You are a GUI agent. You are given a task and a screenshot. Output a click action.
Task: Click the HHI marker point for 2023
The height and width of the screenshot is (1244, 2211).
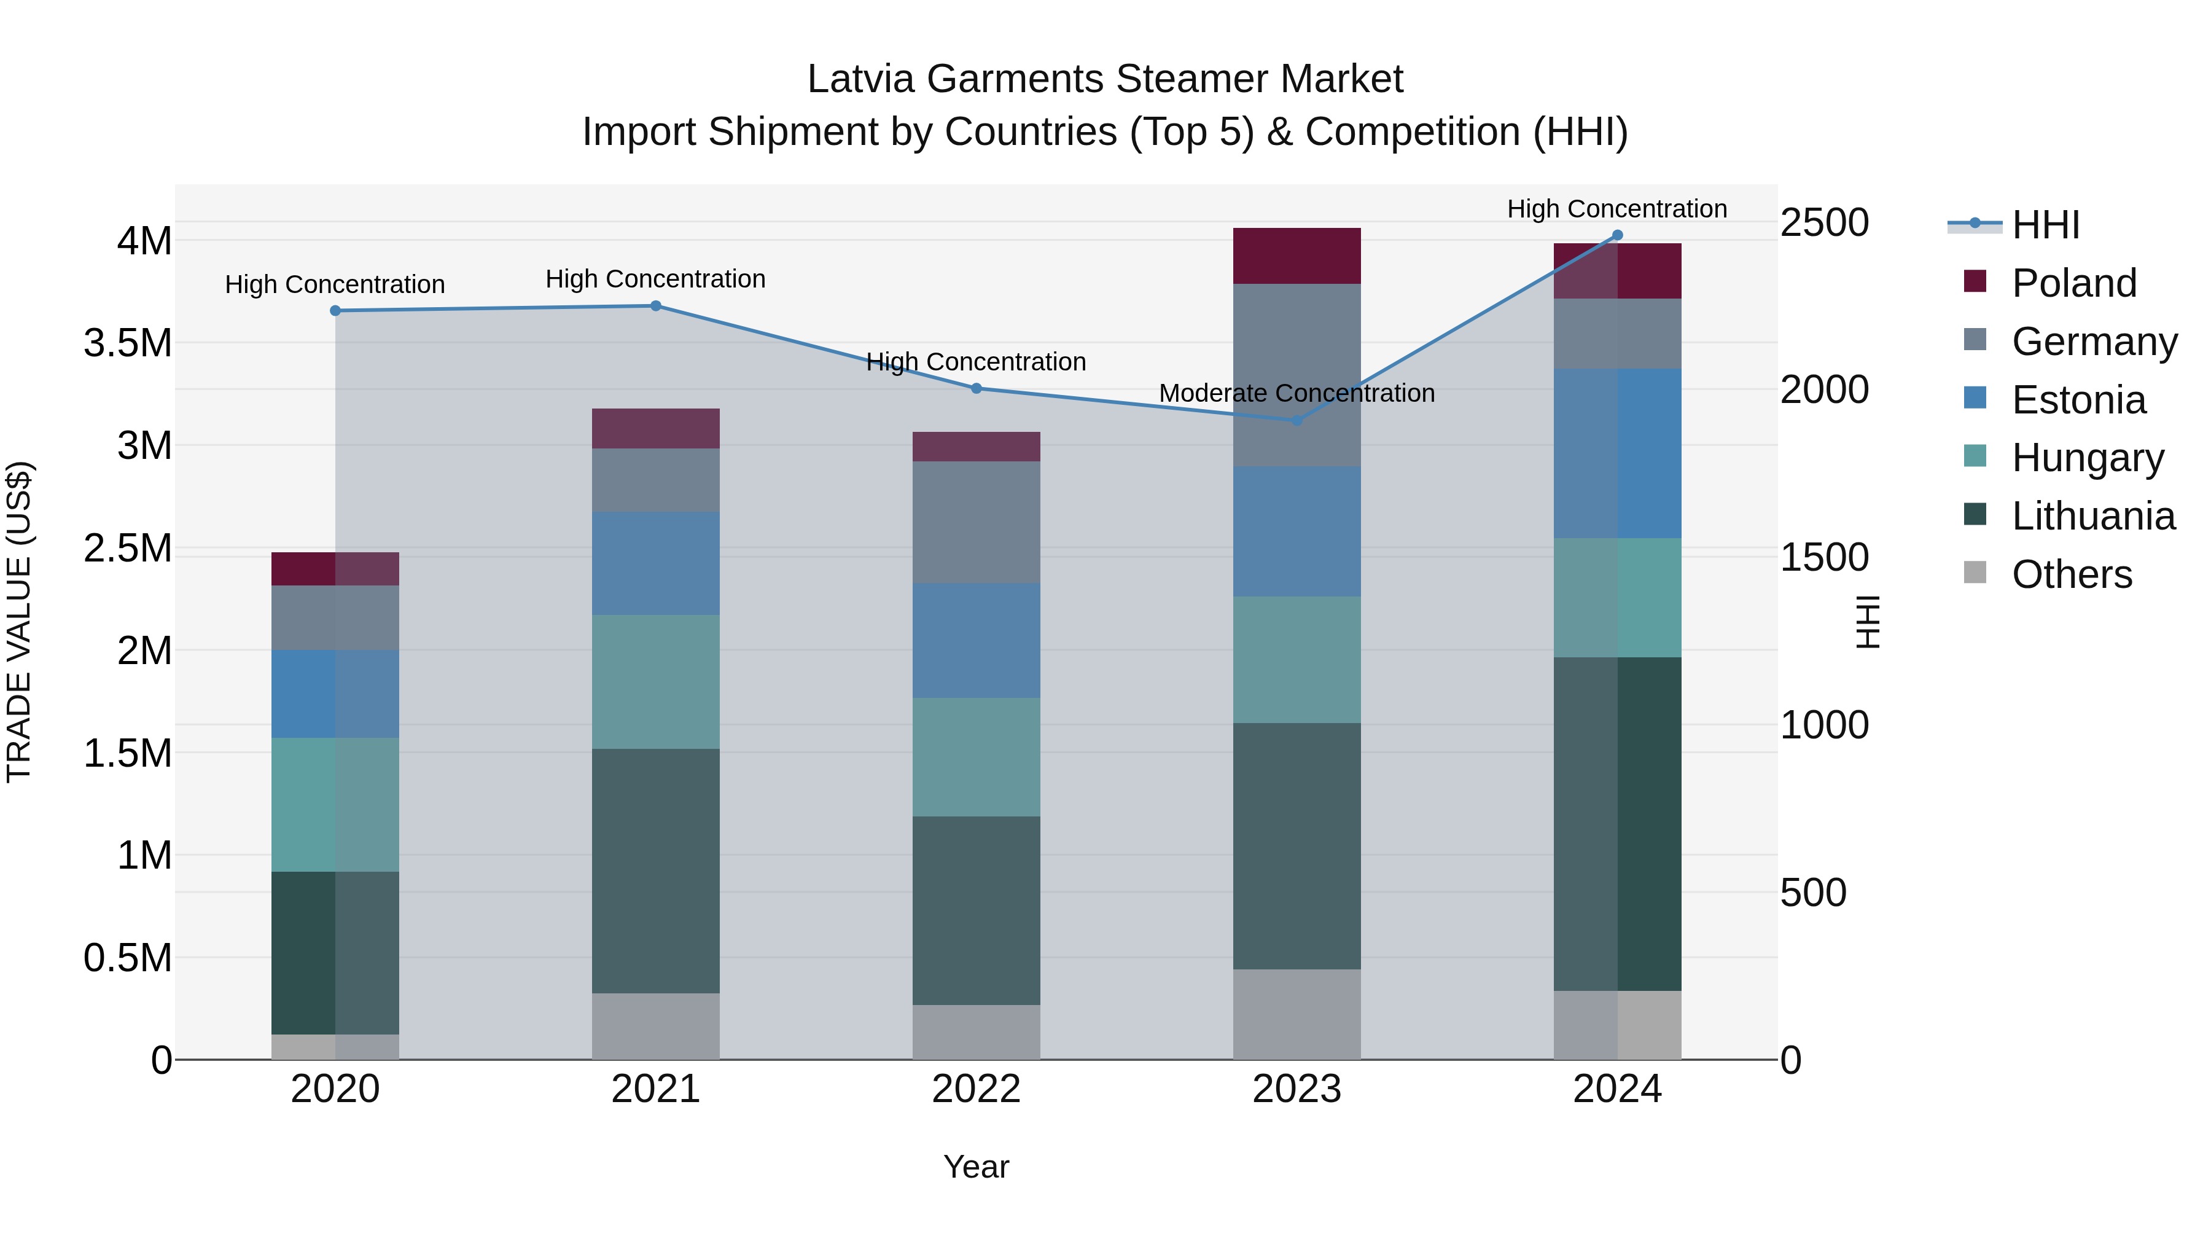click(x=1297, y=420)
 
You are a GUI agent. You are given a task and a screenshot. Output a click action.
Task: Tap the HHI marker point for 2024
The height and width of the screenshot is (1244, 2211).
click(x=1617, y=235)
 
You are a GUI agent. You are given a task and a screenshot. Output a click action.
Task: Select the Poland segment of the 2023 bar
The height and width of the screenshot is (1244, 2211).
click(x=1297, y=256)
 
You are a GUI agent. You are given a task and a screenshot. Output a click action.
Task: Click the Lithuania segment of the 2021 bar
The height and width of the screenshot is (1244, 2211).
click(x=656, y=870)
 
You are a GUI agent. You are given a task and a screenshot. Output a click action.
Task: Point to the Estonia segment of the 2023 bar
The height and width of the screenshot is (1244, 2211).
click(x=1297, y=531)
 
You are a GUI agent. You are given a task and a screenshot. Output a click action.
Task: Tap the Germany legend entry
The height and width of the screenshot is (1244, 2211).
click(x=2094, y=342)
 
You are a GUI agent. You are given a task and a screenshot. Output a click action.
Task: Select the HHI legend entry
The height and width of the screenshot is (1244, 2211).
click(x=2045, y=225)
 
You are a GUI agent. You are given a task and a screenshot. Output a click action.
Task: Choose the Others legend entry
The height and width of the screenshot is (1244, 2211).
click(x=2071, y=574)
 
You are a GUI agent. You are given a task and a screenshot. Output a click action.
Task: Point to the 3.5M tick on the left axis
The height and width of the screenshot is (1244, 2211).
click(x=127, y=343)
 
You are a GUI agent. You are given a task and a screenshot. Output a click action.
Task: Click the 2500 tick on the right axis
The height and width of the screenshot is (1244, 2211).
click(x=1824, y=223)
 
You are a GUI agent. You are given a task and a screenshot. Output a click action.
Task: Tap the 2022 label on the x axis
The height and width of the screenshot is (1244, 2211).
click(x=976, y=1089)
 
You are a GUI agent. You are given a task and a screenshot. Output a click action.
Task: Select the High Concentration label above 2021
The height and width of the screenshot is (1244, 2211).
click(x=656, y=279)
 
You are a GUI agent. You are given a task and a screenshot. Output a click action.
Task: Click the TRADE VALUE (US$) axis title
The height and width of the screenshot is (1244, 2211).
click(x=19, y=622)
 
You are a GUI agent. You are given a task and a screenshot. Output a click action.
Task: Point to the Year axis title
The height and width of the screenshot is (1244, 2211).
click(x=976, y=1167)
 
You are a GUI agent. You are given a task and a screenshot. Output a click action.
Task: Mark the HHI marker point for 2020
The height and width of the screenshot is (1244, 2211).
click(x=335, y=311)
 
